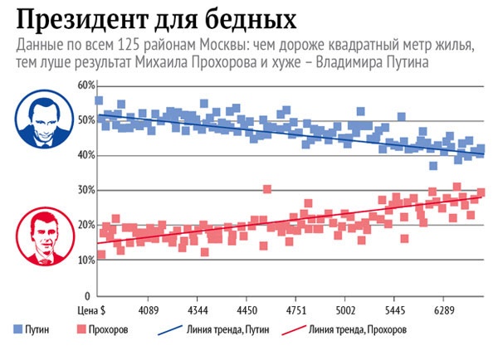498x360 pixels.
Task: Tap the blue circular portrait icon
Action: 42,120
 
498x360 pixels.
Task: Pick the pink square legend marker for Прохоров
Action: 82,329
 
